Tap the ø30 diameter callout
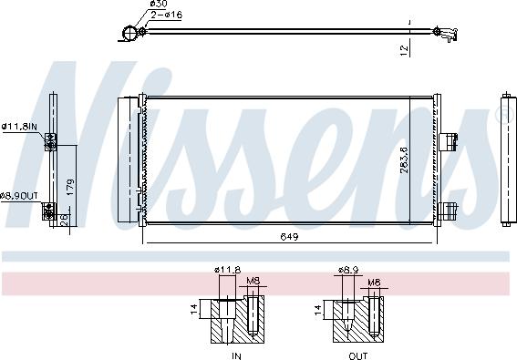tap(157, 5)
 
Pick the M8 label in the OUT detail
tap(373, 283)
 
